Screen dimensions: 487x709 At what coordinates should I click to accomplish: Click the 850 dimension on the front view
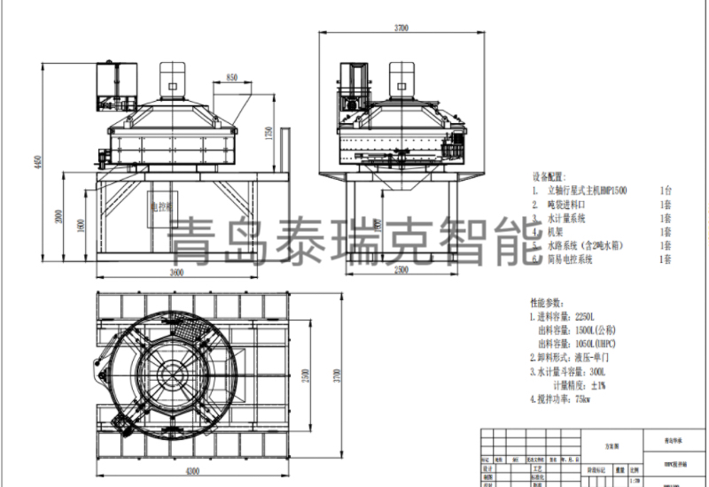click(x=232, y=79)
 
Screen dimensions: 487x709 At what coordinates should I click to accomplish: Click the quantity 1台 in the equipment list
click(x=666, y=189)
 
